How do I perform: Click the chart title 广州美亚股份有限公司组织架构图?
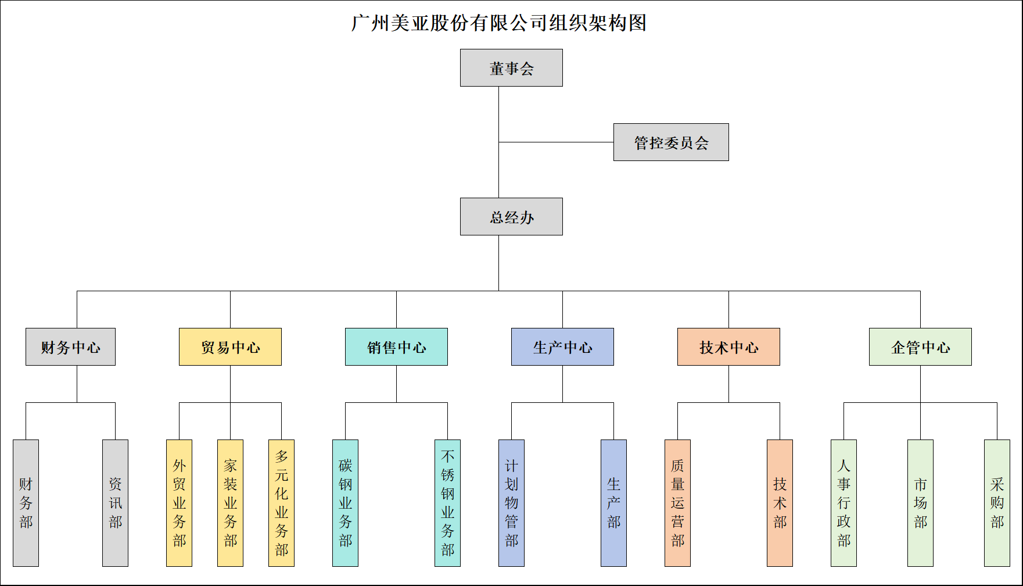pyautogui.click(x=498, y=23)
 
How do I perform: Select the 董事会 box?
pyautogui.click(x=511, y=68)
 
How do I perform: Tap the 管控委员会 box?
pyautogui.click(x=671, y=142)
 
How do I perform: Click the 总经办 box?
pyautogui.click(x=511, y=217)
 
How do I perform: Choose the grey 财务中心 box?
pyautogui.click(x=70, y=347)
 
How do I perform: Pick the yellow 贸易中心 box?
pyautogui.click(x=230, y=347)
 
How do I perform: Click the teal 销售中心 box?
pyautogui.click(x=396, y=347)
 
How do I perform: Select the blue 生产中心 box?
pyautogui.click(x=562, y=347)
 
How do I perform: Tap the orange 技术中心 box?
pyautogui.click(x=728, y=347)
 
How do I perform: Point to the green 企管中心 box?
pyautogui.click(x=920, y=347)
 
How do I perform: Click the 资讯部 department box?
pyautogui.click(x=115, y=503)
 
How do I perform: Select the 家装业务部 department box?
pyautogui.click(x=230, y=503)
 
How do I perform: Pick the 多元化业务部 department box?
pyautogui.click(x=281, y=503)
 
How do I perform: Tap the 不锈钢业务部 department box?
pyautogui.click(x=447, y=503)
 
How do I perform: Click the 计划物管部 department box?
pyautogui.click(x=511, y=503)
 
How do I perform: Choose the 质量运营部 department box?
pyautogui.click(x=677, y=503)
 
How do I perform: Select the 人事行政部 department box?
pyautogui.click(x=843, y=503)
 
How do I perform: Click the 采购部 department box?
pyautogui.click(x=997, y=503)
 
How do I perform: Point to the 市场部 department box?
pyautogui.click(x=920, y=503)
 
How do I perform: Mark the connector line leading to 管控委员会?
pyautogui.click(x=556, y=142)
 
